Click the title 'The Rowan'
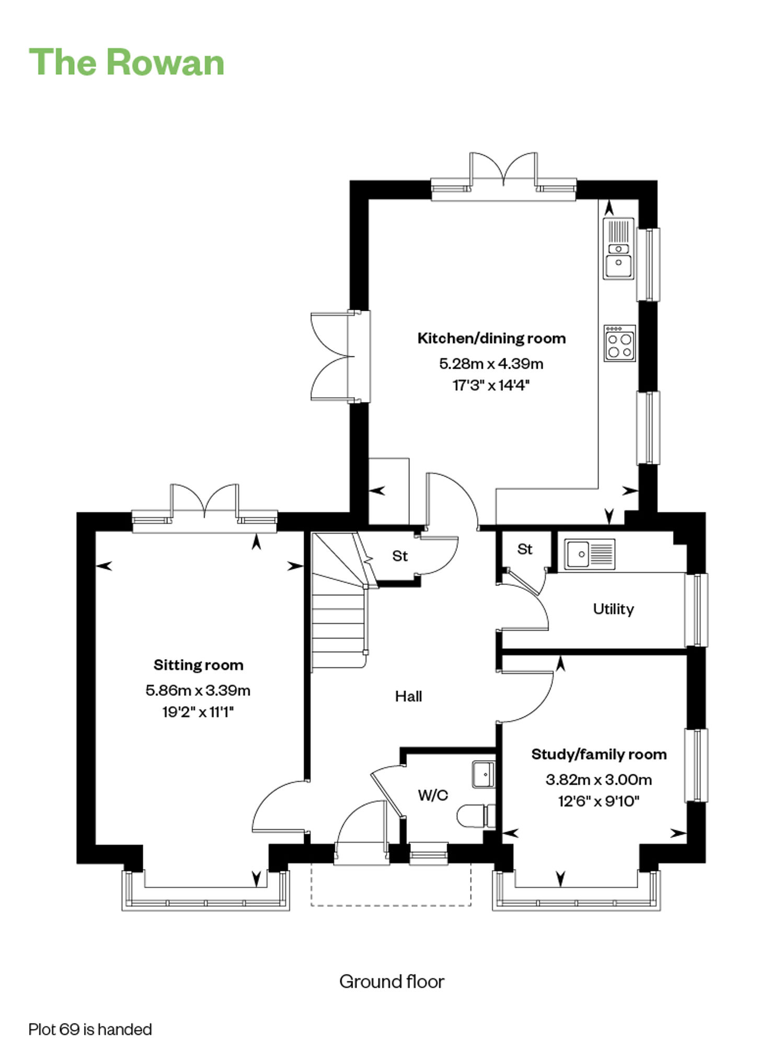click(x=126, y=62)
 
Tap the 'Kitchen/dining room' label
click(x=491, y=338)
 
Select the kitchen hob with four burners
click(x=620, y=343)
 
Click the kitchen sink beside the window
click(x=619, y=248)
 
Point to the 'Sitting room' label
click(x=198, y=665)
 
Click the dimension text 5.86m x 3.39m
click(x=198, y=691)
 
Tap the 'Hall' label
click(x=408, y=696)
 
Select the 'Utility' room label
click(x=613, y=609)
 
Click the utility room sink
click(x=590, y=554)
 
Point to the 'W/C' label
click(x=433, y=796)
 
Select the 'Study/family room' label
click(x=599, y=754)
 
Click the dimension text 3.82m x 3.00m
click(x=599, y=780)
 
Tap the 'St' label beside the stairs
click(x=400, y=556)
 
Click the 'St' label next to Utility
click(x=525, y=549)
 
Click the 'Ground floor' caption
click(x=392, y=982)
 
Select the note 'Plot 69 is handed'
click(x=90, y=1030)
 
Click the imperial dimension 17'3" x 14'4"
click(x=491, y=386)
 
